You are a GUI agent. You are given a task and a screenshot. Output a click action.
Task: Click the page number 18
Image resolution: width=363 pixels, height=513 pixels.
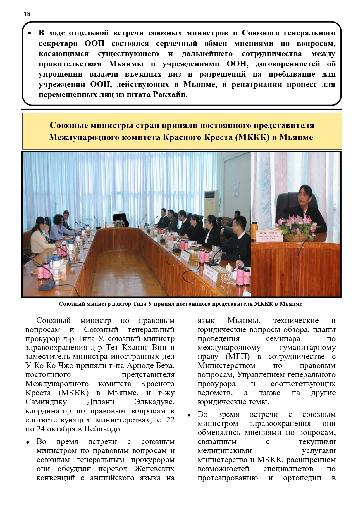27,14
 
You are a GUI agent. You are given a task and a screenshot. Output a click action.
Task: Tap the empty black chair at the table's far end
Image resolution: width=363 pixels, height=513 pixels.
121,218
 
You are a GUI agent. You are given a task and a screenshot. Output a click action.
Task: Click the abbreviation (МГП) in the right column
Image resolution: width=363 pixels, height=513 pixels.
238,357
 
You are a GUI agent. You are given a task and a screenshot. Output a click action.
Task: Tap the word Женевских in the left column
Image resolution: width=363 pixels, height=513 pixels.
154,469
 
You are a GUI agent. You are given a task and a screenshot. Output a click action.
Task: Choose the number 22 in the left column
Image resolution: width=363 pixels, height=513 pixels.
170,420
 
